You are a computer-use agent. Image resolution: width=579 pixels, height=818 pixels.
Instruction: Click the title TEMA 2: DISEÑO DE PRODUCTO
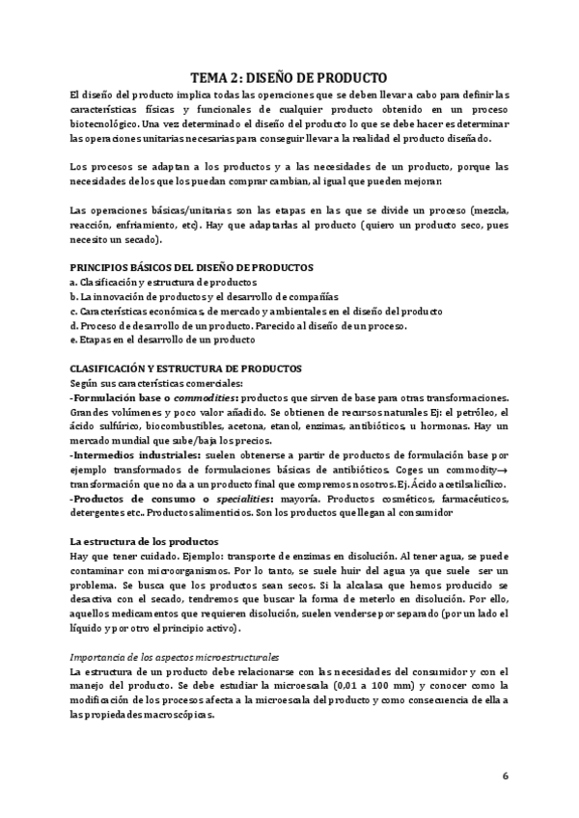point(289,78)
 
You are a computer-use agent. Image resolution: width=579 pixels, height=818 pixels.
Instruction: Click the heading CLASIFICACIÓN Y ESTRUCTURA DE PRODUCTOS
point(186,368)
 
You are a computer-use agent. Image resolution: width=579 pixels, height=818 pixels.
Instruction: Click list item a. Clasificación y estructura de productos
point(163,282)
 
